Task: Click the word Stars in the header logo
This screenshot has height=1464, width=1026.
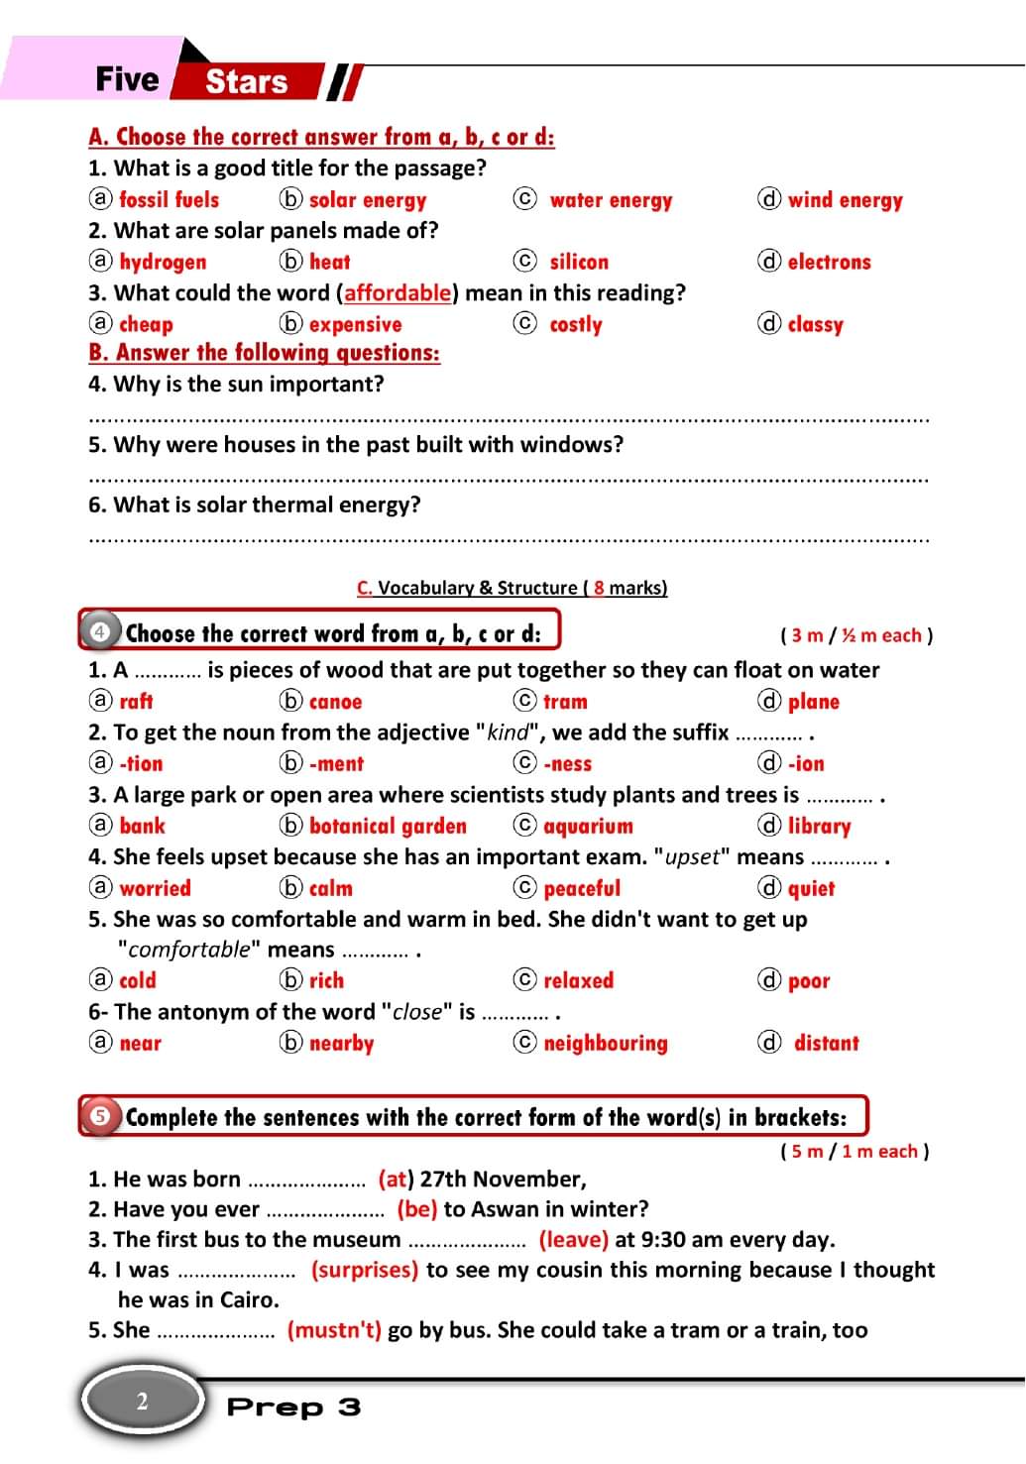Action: click(x=246, y=81)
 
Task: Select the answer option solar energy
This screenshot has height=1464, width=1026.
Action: click(x=367, y=200)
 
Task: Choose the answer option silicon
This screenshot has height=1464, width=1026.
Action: click(x=579, y=263)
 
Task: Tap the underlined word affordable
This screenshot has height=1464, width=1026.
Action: click(x=398, y=293)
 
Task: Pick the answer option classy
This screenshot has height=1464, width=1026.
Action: click(x=815, y=325)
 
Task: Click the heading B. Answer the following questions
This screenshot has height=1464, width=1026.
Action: click(x=264, y=353)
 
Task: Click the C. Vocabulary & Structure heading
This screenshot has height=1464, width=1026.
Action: click(x=512, y=588)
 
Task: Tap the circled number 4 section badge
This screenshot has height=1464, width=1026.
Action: click(x=100, y=631)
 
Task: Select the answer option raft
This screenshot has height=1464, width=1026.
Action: click(x=136, y=702)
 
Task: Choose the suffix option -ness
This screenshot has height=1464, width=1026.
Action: click(x=567, y=764)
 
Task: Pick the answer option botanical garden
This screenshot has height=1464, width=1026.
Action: click(x=387, y=827)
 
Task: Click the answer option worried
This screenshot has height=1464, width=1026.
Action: click(x=155, y=889)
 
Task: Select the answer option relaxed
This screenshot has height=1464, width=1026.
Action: click(x=578, y=981)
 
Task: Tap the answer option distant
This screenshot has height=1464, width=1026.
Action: click(x=826, y=1044)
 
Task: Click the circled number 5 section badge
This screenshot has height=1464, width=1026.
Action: click(x=100, y=1116)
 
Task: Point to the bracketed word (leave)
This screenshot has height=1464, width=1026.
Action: click(x=573, y=1240)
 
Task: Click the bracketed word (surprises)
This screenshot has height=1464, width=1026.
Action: click(x=364, y=1271)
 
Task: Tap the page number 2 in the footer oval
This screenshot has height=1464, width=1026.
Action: click(x=142, y=1402)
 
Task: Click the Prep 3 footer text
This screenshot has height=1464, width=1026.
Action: click(x=293, y=1408)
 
